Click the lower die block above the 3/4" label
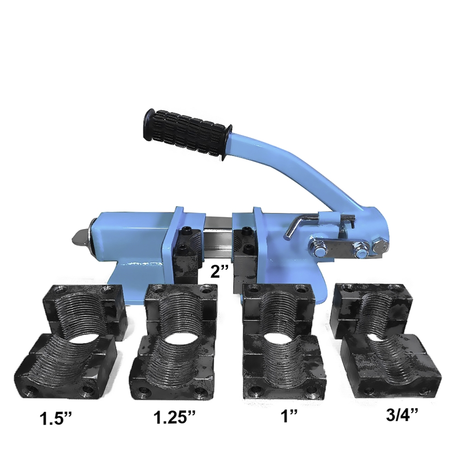point(391,366)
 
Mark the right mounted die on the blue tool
point(244,255)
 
